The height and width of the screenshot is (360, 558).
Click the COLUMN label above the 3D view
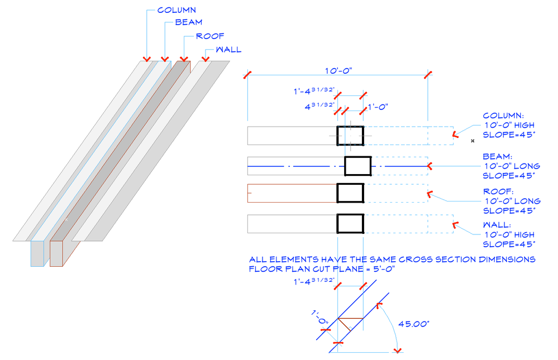coord(177,10)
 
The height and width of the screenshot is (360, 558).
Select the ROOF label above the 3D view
coord(209,36)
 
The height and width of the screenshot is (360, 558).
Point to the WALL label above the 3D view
coord(228,50)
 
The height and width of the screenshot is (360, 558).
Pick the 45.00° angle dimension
coord(413,323)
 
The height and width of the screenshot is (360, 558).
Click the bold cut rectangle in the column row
coord(350,136)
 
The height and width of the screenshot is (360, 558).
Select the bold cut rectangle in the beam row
coord(357,166)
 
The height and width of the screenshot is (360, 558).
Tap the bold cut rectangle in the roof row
coord(350,193)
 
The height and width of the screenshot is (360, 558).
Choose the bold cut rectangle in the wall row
coord(350,223)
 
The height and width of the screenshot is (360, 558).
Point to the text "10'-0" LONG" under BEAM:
coord(512,166)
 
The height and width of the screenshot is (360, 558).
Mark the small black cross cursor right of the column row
coord(473,141)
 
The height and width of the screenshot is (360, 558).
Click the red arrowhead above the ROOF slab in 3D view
coord(183,58)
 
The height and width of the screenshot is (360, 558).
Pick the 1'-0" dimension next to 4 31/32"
coord(378,106)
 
